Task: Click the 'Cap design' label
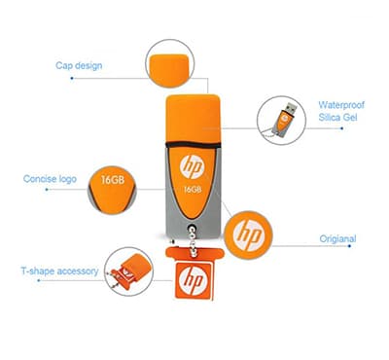[79, 66]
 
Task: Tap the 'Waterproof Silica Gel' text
[341, 111]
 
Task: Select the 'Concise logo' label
[50, 179]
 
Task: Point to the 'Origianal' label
[337, 239]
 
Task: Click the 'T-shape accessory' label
[59, 270]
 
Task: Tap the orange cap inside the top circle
[170, 70]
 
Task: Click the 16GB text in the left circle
[113, 179]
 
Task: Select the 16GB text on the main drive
[193, 189]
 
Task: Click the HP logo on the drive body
[193, 166]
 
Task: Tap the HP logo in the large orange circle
[248, 235]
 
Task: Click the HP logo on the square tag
[193, 279]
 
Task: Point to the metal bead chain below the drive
[194, 240]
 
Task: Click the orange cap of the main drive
[194, 120]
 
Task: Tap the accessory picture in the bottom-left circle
[129, 271]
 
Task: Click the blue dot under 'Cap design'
[72, 78]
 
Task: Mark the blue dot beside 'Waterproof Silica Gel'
[341, 128]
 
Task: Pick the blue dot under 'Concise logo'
[47, 190]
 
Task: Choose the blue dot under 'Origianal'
[349, 246]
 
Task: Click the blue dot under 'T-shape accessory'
[39, 280]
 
